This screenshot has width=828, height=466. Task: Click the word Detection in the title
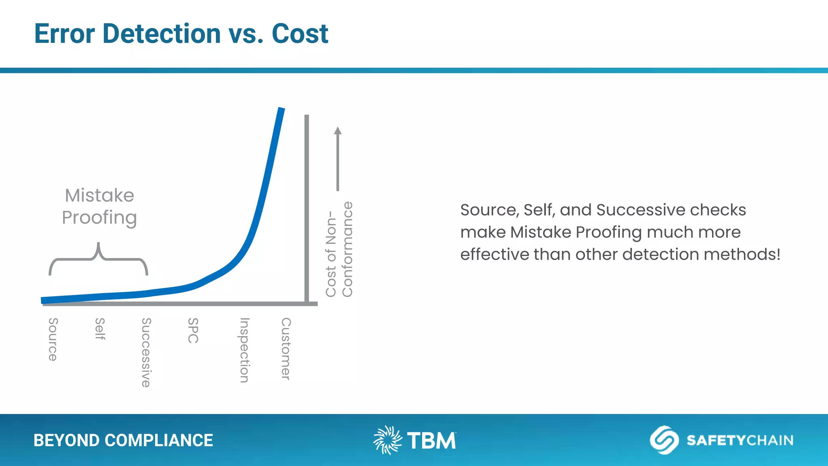click(x=161, y=34)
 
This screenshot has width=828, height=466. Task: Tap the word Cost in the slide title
click(x=300, y=34)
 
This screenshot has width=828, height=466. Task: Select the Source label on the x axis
click(x=53, y=339)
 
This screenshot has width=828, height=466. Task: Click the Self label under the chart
click(x=100, y=328)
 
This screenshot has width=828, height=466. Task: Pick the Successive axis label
click(x=146, y=352)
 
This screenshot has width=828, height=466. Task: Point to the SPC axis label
click(x=193, y=330)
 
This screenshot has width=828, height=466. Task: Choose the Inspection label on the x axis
click(x=244, y=350)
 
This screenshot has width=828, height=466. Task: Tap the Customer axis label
click(x=286, y=348)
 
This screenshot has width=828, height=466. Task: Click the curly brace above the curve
click(x=98, y=259)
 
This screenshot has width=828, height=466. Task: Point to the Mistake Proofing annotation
click(x=99, y=206)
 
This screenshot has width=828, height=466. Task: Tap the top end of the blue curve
click(x=281, y=110)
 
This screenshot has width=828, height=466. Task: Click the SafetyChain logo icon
click(x=664, y=440)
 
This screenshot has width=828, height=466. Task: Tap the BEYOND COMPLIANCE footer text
click(x=123, y=441)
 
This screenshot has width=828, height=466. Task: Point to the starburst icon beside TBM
click(x=387, y=440)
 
